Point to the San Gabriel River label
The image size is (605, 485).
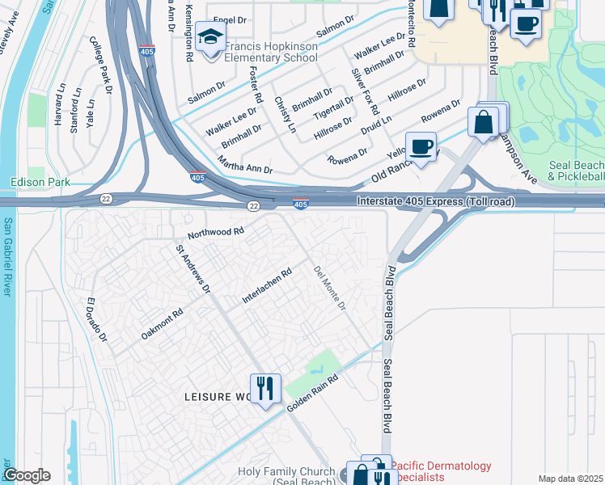point(7,257)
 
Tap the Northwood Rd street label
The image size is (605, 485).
point(216,233)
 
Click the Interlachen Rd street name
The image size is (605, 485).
point(266,287)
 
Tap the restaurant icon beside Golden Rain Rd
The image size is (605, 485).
point(264,388)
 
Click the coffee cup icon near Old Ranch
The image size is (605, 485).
point(421,146)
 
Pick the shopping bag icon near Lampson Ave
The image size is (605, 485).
point(483,123)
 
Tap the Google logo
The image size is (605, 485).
point(27,475)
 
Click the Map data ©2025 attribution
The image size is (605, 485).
point(570,479)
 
